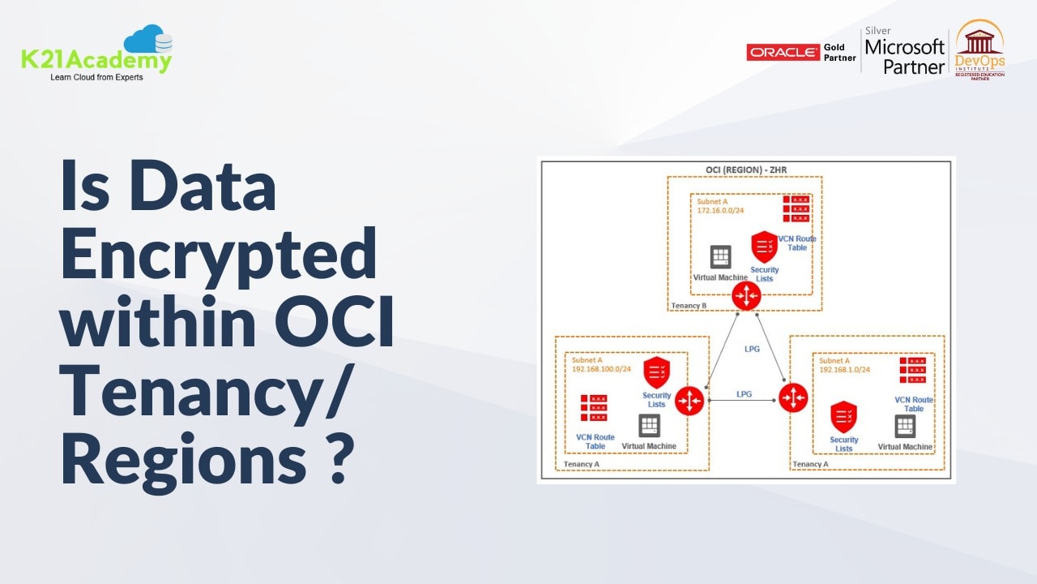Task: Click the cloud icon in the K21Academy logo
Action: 148,40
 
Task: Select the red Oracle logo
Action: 783,53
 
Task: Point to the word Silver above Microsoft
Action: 878,31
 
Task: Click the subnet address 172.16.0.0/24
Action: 720,210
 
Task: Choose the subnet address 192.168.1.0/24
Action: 845,369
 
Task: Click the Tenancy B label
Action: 689,305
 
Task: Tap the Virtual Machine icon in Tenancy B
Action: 720,257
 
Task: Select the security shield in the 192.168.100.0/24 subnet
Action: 656,372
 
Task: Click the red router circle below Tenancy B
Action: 745,296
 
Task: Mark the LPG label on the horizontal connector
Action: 744,394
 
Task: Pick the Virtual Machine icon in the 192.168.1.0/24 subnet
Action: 905,427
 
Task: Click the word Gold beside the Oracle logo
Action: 834,47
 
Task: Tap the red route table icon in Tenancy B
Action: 796,208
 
